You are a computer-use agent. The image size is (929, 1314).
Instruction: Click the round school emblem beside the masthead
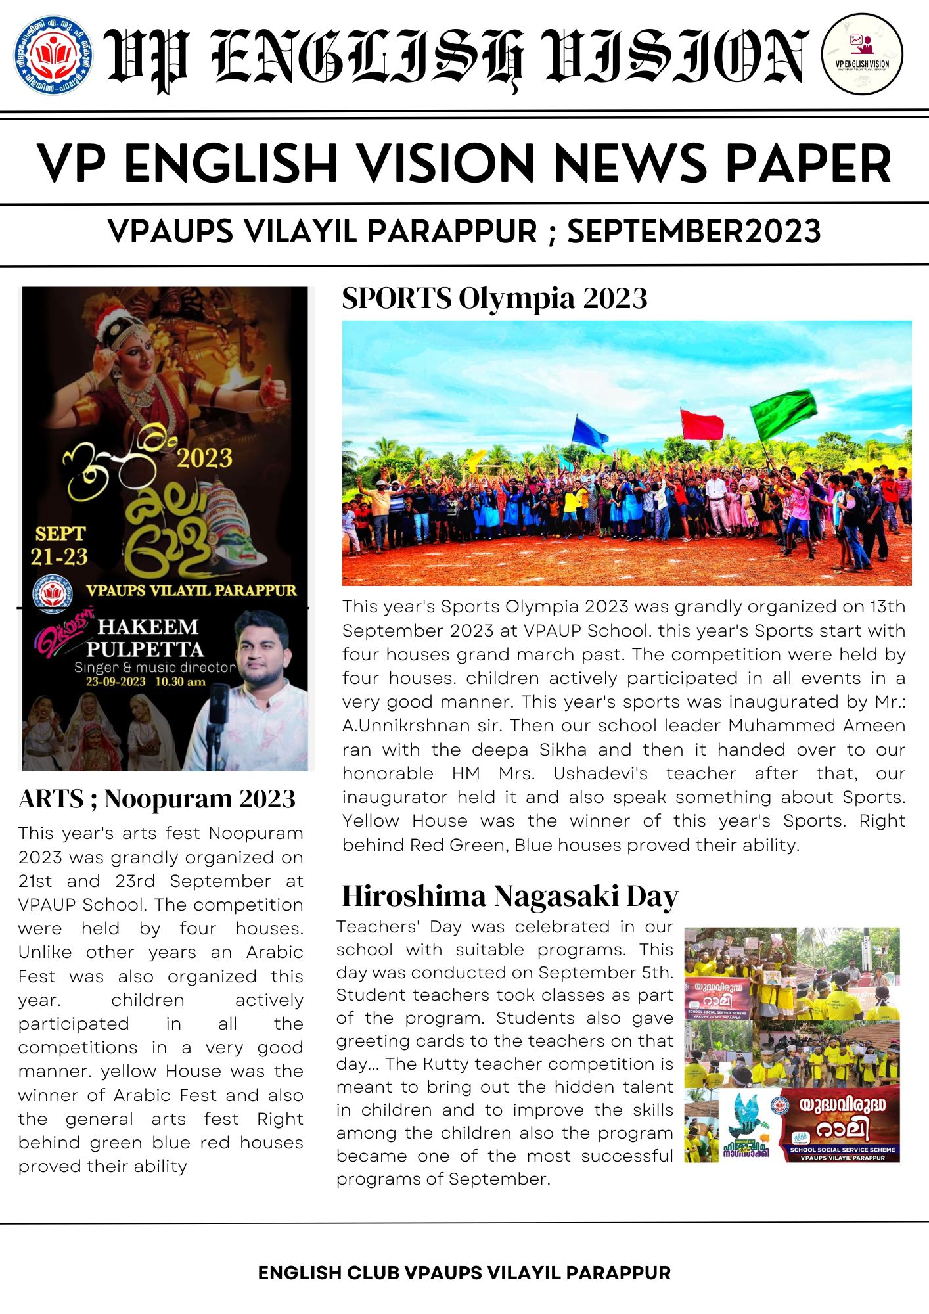click(53, 55)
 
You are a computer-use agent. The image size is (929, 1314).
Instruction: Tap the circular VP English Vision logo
click(862, 55)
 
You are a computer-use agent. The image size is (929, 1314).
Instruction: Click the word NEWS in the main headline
click(629, 164)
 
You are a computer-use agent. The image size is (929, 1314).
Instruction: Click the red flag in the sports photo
click(702, 424)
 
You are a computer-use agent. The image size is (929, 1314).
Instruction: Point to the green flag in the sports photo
click(784, 413)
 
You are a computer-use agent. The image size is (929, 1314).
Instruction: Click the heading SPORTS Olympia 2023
click(495, 298)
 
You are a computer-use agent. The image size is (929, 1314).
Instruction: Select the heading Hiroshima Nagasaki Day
click(510, 895)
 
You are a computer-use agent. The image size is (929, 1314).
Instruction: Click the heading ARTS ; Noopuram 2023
click(157, 799)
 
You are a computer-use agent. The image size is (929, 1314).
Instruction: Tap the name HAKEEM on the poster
click(148, 626)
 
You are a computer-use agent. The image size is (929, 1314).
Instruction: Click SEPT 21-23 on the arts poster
click(60, 545)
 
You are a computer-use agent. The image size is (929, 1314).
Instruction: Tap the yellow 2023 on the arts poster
click(204, 457)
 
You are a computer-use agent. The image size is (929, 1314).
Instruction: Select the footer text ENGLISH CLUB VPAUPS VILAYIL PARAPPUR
click(464, 1273)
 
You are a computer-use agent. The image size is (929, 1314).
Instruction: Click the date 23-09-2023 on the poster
click(116, 681)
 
